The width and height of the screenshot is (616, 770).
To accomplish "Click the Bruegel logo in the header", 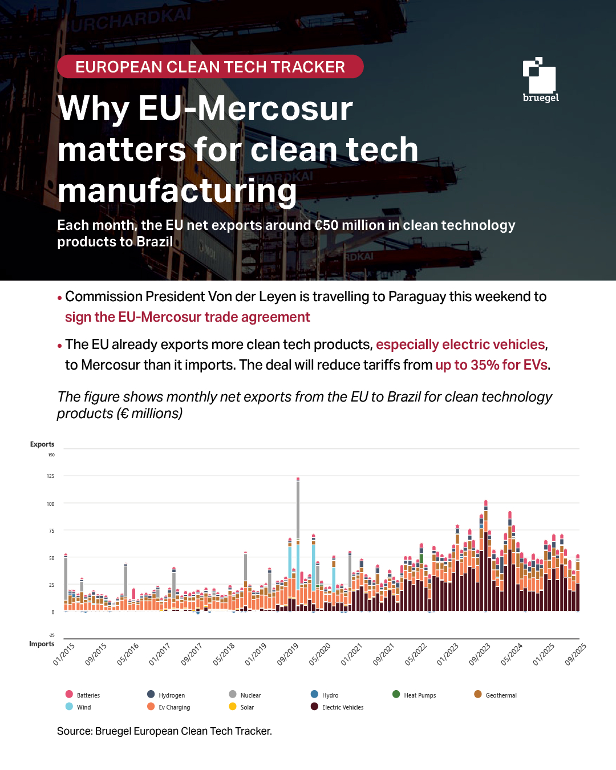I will click(540, 80).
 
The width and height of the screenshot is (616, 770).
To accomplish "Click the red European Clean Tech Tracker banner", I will click(210, 67).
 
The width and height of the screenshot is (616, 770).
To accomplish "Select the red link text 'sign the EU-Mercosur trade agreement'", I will click(187, 317).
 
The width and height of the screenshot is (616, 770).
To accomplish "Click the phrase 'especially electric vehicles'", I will click(460, 345).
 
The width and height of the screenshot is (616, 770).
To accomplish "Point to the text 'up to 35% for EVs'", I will click(491, 365).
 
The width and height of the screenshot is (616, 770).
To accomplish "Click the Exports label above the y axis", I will click(42, 444).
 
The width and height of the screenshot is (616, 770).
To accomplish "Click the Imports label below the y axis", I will click(42, 644).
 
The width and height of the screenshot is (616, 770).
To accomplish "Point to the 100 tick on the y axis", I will click(51, 504).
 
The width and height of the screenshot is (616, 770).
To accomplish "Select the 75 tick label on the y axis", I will click(51, 531).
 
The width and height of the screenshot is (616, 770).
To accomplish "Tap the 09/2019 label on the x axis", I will click(288, 654).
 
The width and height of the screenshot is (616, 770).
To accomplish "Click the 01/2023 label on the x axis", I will click(448, 654).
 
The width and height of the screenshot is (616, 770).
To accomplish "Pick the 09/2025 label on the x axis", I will click(576, 654).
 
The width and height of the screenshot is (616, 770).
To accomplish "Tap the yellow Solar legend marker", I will click(233, 707).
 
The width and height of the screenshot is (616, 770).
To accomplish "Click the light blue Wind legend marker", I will click(69, 707).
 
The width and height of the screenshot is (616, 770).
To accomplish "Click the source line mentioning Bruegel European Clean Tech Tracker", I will click(164, 731).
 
